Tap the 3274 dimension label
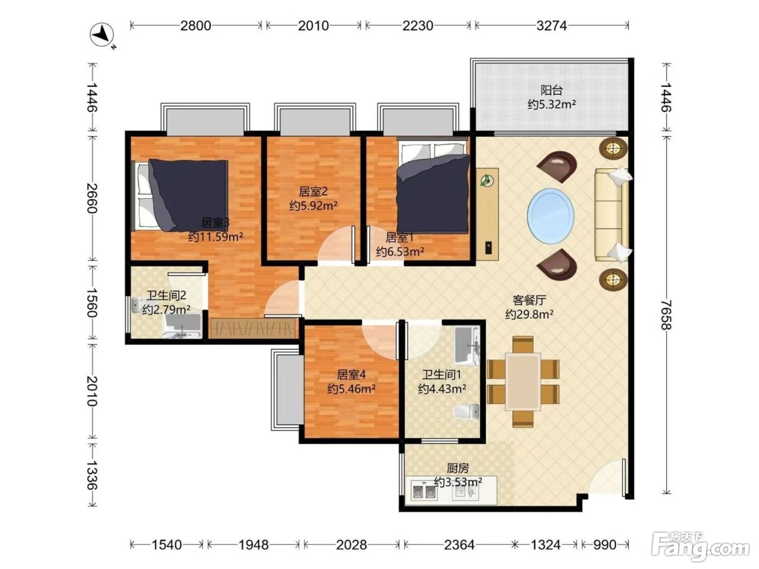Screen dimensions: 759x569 [x=551, y=25]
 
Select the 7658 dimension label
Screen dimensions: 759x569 [x=666, y=315]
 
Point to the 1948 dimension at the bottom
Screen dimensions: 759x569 [x=254, y=545]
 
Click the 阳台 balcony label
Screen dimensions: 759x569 [x=551, y=90]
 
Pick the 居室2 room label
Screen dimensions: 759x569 [x=313, y=191]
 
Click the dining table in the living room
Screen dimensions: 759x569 [x=523, y=381]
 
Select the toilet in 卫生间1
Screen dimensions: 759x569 [x=466, y=412]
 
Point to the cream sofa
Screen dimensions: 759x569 [x=612, y=215]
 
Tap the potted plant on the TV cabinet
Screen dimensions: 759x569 [x=487, y=180]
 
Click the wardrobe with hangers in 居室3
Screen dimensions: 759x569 [x=254, y=328]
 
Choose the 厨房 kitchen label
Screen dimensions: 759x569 [x=458, y=468]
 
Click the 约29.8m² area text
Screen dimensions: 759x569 [x=529, y=315]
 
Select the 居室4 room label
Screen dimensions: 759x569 [x=351, y=374]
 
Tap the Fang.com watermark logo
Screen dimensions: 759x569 [x=700, y=547]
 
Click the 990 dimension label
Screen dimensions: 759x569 [x=605, y=545]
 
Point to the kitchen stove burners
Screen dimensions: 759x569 [x=424, y=492]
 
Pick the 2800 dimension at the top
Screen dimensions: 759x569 [x=195, y=25]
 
